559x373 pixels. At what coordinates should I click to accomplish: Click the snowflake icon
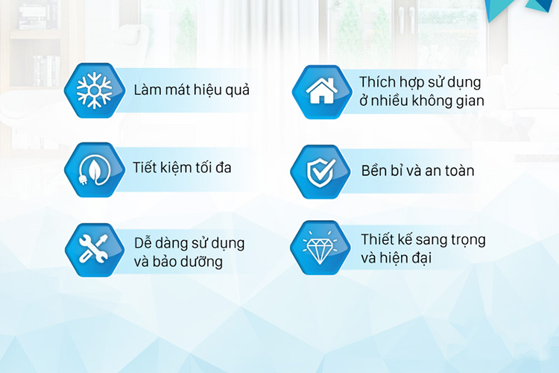(x=95, y=90)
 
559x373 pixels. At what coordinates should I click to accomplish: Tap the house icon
(x=321, y=91)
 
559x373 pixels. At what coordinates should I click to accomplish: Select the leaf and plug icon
(x=94, y=170)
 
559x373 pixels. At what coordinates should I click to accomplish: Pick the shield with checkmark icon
(x=320, y=172)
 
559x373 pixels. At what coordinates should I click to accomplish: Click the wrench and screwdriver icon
(x=94, y=248)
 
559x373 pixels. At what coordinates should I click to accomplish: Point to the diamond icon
(x=320, y=248)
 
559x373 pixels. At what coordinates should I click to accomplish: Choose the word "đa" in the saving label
(x=223, y=167)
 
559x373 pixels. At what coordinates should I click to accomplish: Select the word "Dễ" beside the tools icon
(x=142, y=242)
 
